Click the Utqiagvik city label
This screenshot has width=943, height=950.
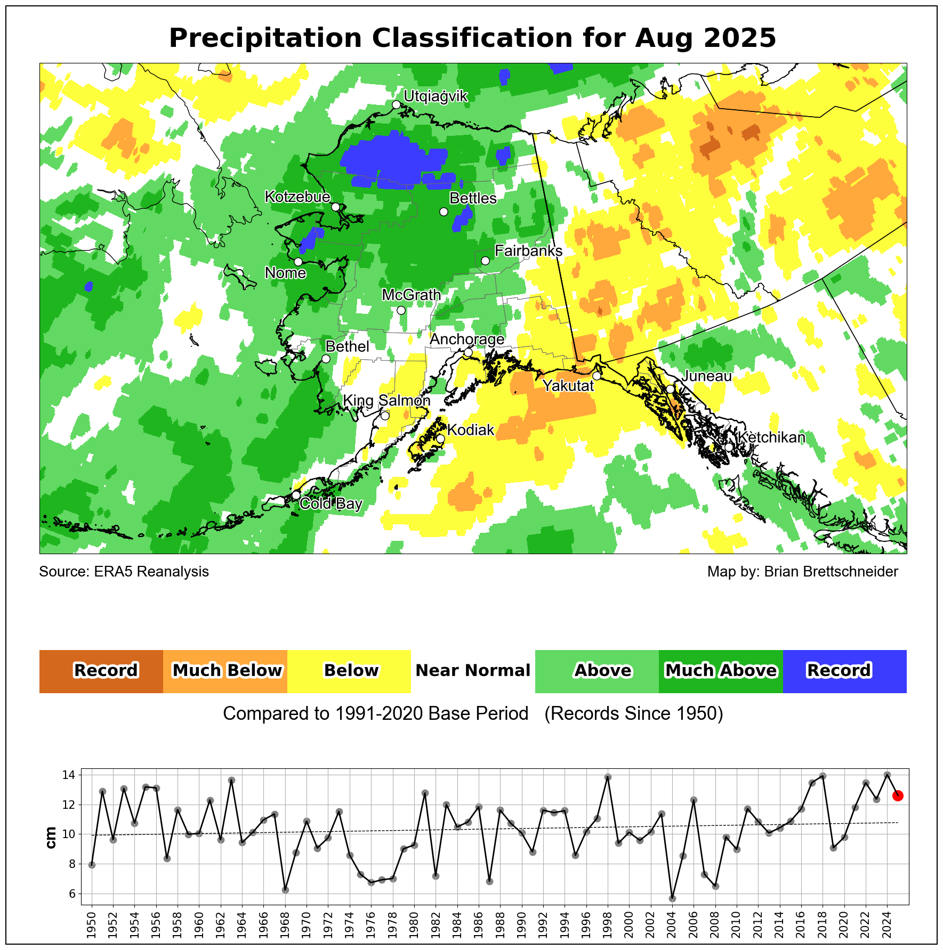[436, 96]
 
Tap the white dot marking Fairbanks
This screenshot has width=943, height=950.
[485, 261]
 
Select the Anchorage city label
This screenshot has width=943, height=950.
[467, 339]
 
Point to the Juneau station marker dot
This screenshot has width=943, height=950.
[670, 389]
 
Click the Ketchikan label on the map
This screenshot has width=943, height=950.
[771, 437]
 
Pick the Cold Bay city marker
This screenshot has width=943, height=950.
[296, 495]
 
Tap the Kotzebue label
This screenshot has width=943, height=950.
[297, 197]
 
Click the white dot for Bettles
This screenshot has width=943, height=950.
[444, 212]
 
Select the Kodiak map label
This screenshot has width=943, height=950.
[471, 430]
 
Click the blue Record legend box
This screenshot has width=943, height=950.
[844, 671]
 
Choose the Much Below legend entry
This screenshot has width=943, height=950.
[225, 671]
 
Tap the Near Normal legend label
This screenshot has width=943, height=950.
[473, 671]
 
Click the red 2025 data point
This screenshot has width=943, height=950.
[898, 795]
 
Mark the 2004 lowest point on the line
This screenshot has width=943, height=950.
[672, 898]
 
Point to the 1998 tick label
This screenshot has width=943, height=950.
[608, 925]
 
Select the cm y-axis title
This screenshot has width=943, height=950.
[51, 837]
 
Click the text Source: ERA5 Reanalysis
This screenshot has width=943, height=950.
[124, 572]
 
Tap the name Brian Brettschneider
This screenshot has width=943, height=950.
[831, 572]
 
